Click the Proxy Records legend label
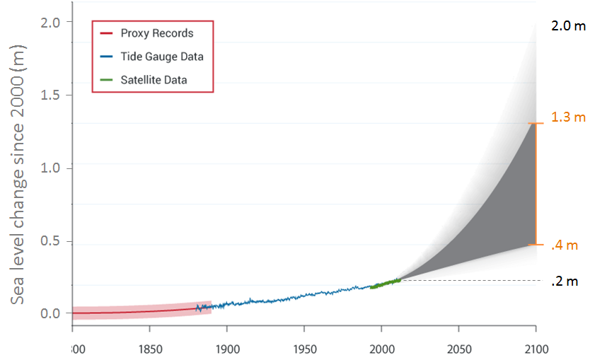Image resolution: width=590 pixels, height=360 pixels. (x=156, y=33)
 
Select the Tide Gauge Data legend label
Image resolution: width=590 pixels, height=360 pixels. (x=161, y=57)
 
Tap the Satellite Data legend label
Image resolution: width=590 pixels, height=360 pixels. (x=154, y=80)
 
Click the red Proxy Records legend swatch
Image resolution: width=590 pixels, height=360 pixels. (x=106, y=33)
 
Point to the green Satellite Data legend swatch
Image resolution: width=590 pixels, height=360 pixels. (x=106, y=80)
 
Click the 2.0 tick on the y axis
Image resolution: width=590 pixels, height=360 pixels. (x=53, y=22)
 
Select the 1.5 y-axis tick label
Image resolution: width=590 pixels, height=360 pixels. (x=53, y=95)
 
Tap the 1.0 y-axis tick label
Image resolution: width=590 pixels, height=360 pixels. (x=53, y=168)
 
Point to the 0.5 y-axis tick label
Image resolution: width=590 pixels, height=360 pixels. (x=53, y=241)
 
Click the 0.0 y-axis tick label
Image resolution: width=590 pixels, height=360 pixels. (x=53, y=313)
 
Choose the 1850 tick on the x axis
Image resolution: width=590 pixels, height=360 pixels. (x=149, y=349)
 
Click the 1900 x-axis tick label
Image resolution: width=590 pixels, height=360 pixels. (x=226, y=349)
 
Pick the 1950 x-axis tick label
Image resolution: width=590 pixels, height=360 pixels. (x=303, y=349)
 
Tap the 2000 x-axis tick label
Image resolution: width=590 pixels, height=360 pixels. (x=381, y=349)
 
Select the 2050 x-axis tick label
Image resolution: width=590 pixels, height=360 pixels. (x=458, y=349)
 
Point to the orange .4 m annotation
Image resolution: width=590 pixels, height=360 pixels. (x=565, y=245)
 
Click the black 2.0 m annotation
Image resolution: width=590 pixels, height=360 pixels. (x=569, y=27)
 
